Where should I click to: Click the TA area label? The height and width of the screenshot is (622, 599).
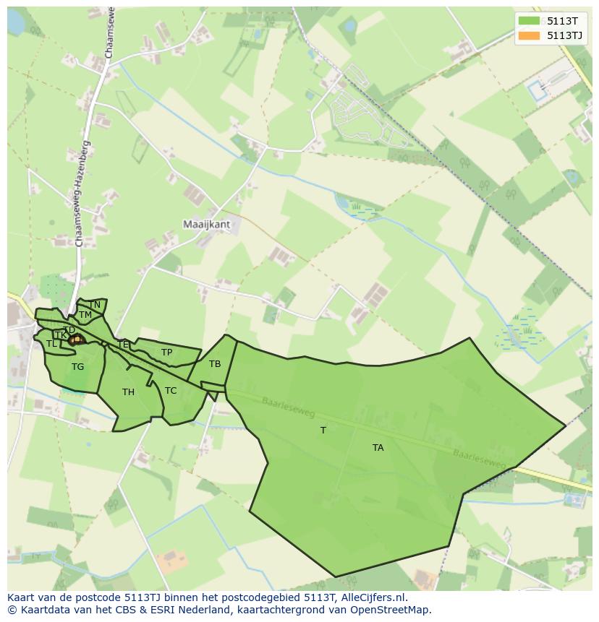[x=378, y=448]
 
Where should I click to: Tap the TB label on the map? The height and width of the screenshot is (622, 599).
[x=215, y=364]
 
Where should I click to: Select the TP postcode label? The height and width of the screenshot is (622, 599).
[x=167, y=353]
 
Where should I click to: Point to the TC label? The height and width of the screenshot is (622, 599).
[x=171, y=391]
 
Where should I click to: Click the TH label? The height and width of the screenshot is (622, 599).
[x=128, y=392]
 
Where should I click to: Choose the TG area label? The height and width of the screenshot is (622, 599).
[x=77, y=367]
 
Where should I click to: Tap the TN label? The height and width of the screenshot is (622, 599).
[x=95, y=305]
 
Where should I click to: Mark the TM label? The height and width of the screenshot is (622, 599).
[x=85, y=315]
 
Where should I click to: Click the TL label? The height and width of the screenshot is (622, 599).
[x=51, y=344]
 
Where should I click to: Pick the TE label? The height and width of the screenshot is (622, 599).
[x=123, y=345]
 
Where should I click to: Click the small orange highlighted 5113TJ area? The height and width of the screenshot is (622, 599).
[x=77, y=339]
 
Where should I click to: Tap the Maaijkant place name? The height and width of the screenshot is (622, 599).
[x=206, y=225]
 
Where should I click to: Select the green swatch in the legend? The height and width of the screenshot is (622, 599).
[x=529, y=21]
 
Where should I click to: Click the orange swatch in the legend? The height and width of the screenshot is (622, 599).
[x=529, y=35]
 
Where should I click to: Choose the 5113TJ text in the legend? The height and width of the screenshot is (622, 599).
[x=565, y=35]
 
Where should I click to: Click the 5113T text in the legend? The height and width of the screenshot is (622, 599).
[x=562, y=21]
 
